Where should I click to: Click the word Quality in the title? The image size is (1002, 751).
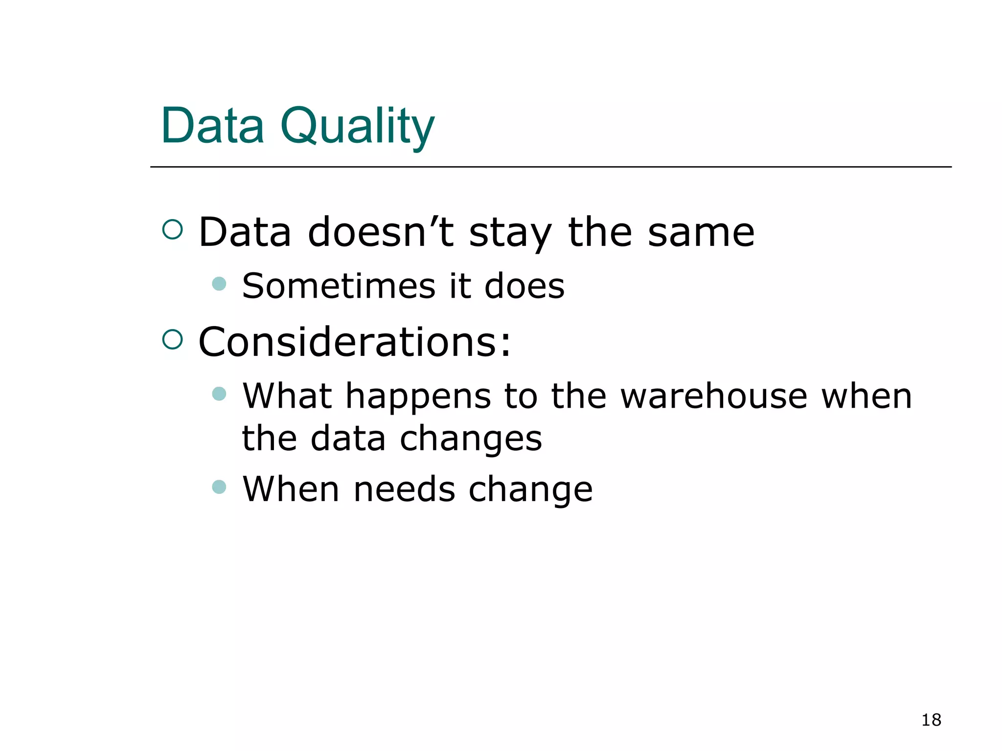click(x=357, y=126)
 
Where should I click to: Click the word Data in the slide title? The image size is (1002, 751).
click(x=213, y=126)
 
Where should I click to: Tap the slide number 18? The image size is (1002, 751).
click(x=931, y=720)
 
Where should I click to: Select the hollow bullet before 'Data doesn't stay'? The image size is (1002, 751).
click(x=172, y=229)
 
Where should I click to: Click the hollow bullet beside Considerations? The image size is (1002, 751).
click(x=172, y=339)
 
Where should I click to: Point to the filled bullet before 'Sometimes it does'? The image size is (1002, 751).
click(x=219, y=284)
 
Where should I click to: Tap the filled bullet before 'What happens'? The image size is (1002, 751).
click(x=219, y=394)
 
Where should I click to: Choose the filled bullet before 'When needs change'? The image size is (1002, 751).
click(x=219, y=486)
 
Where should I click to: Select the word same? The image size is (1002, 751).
click(x=701, y=232)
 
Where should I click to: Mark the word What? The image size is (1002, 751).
click(x=288, y=396)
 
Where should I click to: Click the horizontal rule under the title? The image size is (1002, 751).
click(x=550, y=167)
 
